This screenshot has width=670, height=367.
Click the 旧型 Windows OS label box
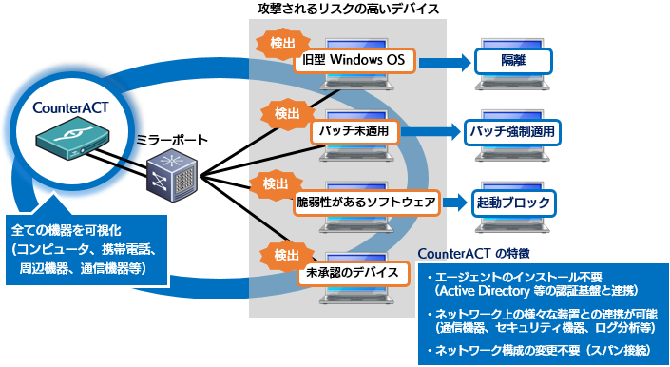pyautogui.click(x=354, y=61)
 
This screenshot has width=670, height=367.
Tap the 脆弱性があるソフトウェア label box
pyautogui.click(x=366, y=202)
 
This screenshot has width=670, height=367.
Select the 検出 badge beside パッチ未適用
pyautogui.click(x=286, y=114)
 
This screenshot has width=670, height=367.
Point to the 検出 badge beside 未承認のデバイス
pyautogui.click(x=286, y=254)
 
